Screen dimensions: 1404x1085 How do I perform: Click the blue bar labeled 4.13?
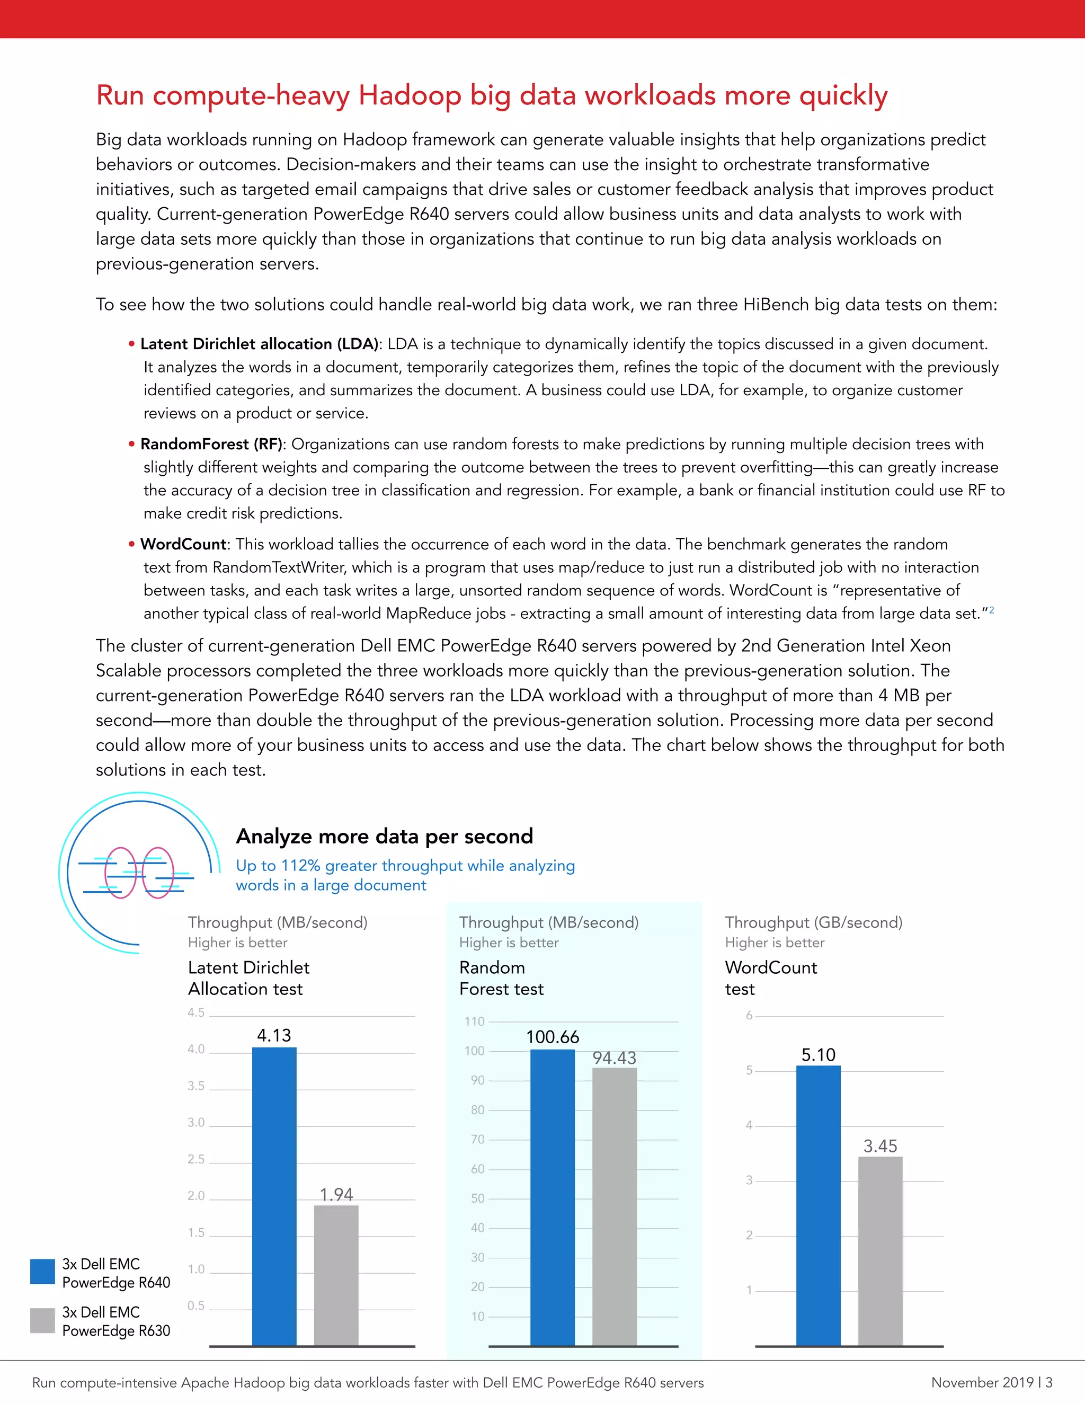(x=274, y=1196)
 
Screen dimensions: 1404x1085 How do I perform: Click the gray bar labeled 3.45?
(x=880, y=1250)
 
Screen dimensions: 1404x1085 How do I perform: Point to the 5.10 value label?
(x=818, y=1055)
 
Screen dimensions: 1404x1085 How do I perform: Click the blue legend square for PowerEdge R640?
(x=42, y=1272)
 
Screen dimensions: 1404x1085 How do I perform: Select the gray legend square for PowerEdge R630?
(x=42, y=1320)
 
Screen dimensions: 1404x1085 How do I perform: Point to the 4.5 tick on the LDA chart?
(x=196, y=1012)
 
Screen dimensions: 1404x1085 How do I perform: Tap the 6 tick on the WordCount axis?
(x=749, y=1016)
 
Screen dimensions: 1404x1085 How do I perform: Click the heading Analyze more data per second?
(x=385, y=837)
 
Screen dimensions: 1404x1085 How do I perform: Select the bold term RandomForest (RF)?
(x=211, y=444)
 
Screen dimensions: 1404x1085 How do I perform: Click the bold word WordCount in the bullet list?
(x=183, y=545)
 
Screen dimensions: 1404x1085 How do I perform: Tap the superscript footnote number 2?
(x=992, y=610)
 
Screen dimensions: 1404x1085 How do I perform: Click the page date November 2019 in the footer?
(x=982, y=1382)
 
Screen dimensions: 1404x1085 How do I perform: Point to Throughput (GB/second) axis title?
(x=814, y=922)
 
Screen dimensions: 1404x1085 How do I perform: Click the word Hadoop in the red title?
(x=410, y=95)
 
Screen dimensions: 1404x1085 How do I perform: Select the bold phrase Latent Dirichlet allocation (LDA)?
(x=259, y=344)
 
